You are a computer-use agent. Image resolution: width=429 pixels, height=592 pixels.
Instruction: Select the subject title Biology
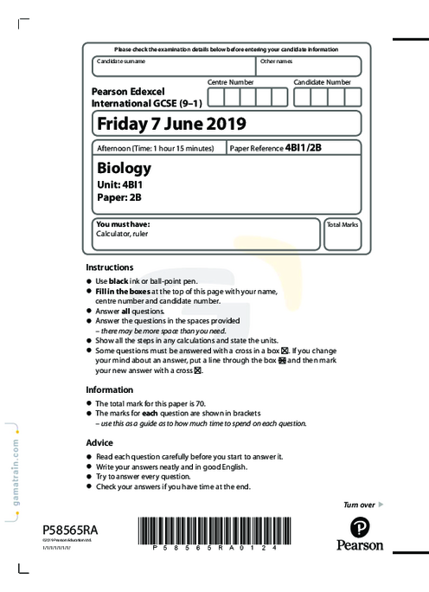125,167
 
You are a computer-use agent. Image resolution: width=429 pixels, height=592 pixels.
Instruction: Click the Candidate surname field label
121,61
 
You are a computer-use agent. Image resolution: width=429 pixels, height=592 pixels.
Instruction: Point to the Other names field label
277,61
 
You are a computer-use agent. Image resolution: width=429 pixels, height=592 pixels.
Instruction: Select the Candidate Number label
322,81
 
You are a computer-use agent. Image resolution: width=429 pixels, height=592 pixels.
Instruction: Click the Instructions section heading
110,267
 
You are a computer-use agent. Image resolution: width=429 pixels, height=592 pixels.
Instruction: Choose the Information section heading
110,389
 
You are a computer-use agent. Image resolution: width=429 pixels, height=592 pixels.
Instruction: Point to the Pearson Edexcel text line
128,90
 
